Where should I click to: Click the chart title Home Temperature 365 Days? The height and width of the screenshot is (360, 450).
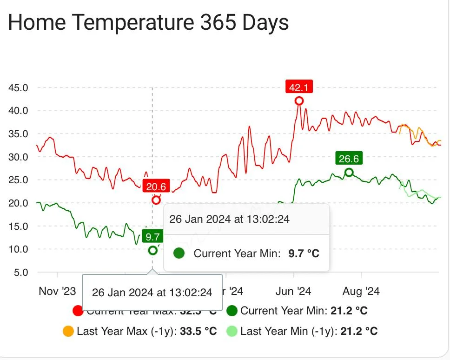(x=148, y=22)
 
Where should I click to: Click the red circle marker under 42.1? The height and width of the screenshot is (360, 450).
(x=299, y=101)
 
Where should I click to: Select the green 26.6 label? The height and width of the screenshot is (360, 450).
(x=349, y=159)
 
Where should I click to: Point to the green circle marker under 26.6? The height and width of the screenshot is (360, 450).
(x=349, y=173)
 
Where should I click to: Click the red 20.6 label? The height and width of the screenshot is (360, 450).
(x=156, y=187)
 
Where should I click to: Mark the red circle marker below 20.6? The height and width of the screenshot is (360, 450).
(x=156, y=200)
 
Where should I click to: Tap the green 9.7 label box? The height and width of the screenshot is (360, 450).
(x=152, y=237)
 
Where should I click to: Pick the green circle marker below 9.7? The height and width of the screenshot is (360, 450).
(x=152, y=250)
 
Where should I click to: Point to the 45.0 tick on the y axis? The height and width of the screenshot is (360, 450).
(x=19, y=87)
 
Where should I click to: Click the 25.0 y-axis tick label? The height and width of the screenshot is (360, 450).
(x=19, y=180)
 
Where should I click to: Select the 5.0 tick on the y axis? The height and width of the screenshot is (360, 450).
(x=21, y=272)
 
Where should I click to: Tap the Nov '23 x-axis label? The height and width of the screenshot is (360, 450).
(x=57, y=291)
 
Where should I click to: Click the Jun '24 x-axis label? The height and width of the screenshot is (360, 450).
(x=293, y=291)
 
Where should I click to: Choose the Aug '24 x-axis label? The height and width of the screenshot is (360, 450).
(x=361, y=291)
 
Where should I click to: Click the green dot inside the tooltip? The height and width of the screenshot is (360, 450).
(x=179, y=253)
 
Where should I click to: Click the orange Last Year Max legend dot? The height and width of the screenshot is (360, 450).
(x=68, y=331)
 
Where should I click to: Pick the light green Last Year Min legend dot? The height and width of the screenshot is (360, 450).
(x=232, y=331)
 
